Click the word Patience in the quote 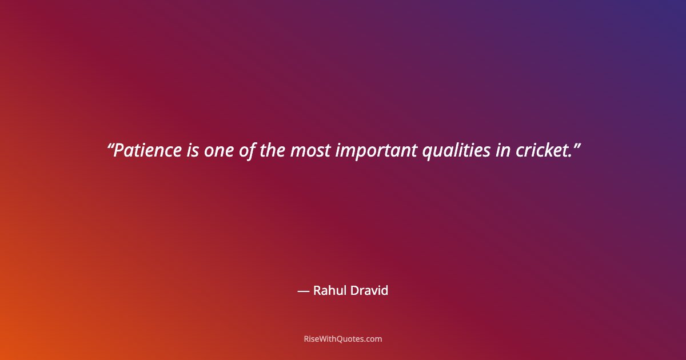point(147,151)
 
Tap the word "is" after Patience point(193,151)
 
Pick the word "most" point(310,151)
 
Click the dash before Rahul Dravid point(304,291)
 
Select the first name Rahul point(329,290)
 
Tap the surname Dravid point(369,290)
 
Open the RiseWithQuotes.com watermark point(342,339)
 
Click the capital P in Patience point(119,151)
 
